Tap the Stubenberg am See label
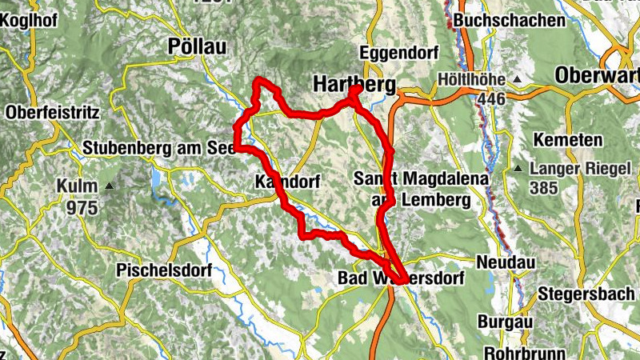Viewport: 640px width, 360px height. tap(158, 149)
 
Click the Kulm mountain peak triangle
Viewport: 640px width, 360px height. tap(109, 186)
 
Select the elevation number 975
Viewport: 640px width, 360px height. tap(82, 208)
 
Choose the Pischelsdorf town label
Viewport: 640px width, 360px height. tap(164, 270)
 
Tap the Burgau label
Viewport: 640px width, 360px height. tap(505, 322)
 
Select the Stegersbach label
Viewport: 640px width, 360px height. tap(587, 293)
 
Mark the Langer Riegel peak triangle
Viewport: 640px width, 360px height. tap(518, 169)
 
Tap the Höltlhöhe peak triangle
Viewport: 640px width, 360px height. tap(518, 80)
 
